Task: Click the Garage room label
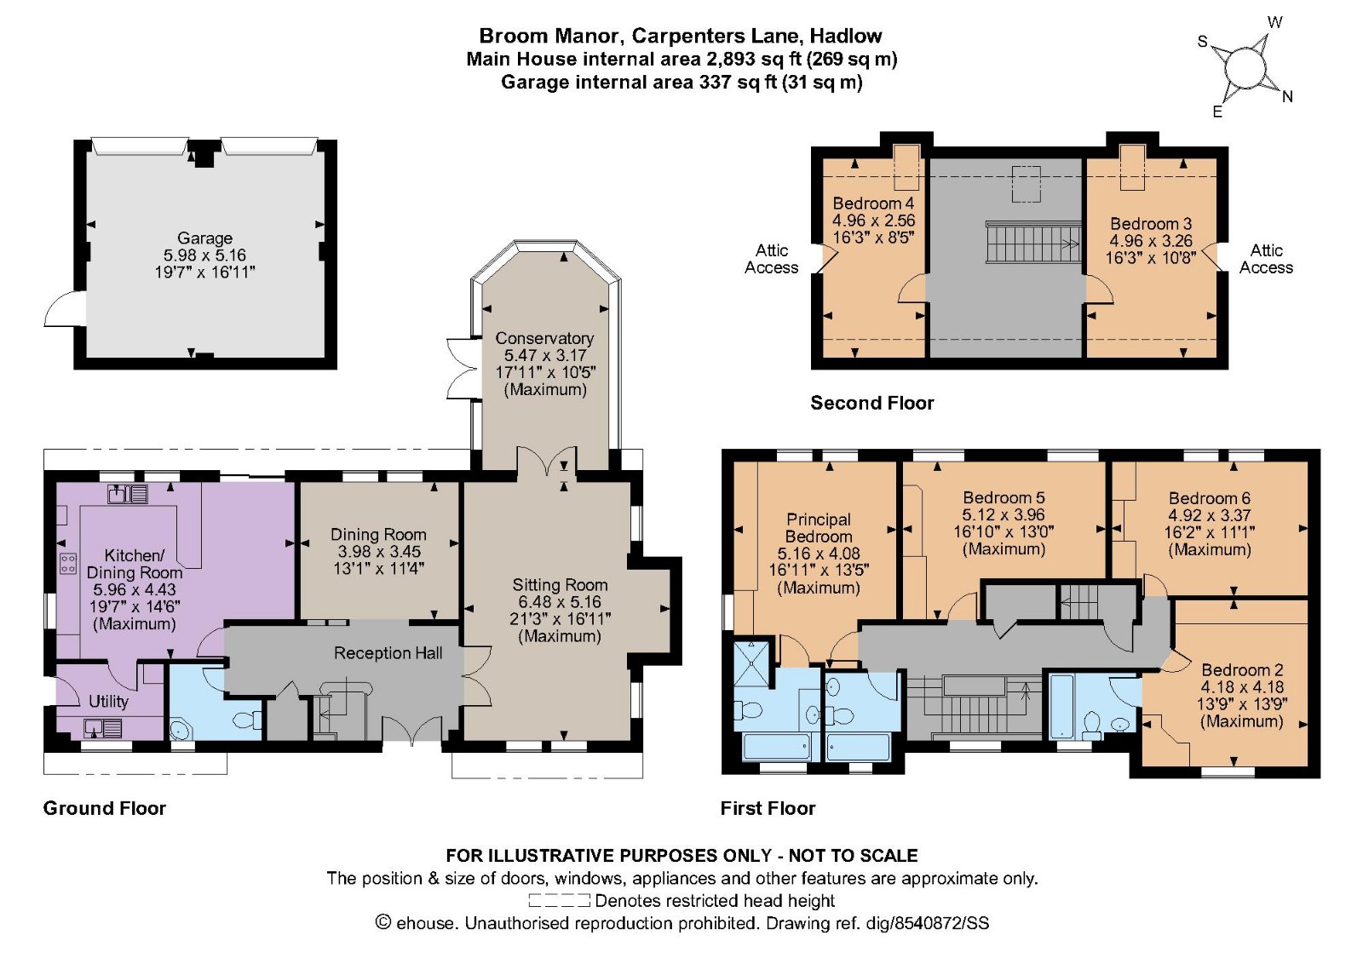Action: [x=204, y=238]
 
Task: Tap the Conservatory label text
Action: [x=544, y=338]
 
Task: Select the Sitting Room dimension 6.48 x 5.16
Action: [x=560, y=602]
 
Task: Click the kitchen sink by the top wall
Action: [x=128, y=493]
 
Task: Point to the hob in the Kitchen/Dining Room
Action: [x=68, y=563]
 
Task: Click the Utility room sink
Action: [x=103, y=728]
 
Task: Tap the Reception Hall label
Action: [x=388, y=653]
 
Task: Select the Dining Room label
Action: [x=378, y=535]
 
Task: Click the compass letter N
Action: [x=1287, y=97]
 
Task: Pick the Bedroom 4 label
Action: [x=873, y=204]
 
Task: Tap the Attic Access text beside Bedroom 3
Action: [x=1266, y=259]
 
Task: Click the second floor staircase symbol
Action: [x=1032, y=243]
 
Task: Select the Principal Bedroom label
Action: [x=819, y=528]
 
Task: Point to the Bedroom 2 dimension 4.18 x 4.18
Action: [x=1242, y=687]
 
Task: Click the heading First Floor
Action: [x=768, y=808]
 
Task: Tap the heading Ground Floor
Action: [x=105, y=808]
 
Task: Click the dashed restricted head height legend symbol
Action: [x=559, y=901]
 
